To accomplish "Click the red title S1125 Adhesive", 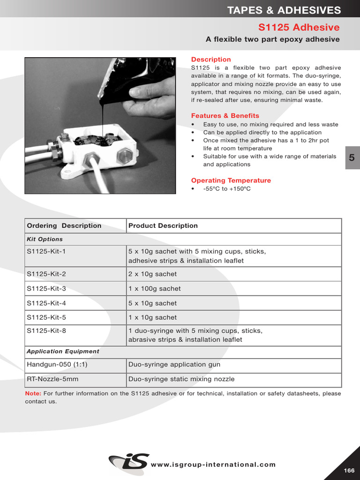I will click(299, 27).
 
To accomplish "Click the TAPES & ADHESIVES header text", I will click(284, 10).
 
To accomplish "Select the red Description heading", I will click(211, 60).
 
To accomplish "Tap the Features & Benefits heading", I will click(225, 116).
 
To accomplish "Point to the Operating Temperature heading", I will click(231, 180).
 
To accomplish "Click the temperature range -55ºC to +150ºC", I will click(227, 189).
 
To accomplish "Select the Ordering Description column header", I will click(64, 225).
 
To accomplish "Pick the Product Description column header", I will click(163, 225).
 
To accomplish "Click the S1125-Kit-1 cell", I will click(46, 251).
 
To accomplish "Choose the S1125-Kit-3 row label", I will click(46, 289).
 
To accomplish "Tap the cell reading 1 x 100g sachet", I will click(155, 289).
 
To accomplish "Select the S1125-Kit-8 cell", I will click(46, 331).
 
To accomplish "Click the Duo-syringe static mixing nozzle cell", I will click(181, 379).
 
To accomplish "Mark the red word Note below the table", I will click(33, 394).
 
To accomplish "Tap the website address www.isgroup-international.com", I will click(213, 465).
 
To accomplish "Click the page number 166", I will click(349, 471).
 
